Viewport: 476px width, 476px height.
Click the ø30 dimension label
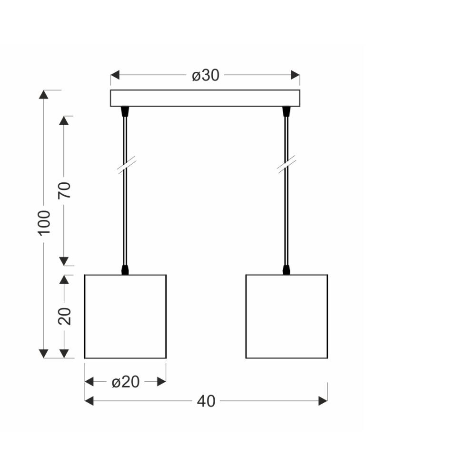coord(206,75)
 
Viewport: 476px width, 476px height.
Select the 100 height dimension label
coord(44,223)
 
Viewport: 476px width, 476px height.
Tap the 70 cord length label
coord(64,190)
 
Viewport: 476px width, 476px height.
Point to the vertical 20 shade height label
coord(64,317)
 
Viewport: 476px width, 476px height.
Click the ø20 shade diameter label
coord(125,382)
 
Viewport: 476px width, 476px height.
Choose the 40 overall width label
coord(206,401)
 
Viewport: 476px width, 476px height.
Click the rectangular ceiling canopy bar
coord(205,98)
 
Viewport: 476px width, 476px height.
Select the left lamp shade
coord(125,317)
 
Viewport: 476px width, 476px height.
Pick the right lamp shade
coord(287,317)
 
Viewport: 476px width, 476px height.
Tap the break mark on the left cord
coord(126,166)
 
